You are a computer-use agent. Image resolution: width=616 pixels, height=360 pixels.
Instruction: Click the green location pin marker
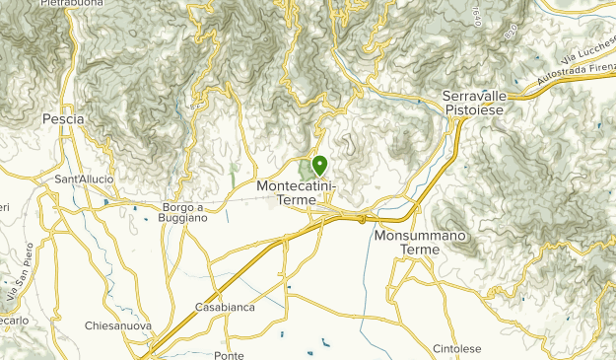[x=319, y=166]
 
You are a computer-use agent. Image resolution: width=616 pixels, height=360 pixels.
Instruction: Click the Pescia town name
[x=63, y=118]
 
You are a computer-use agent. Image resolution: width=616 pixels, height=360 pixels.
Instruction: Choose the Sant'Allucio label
[x=84, y=179]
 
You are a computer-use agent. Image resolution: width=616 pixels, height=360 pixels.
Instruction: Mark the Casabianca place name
[x=225, y=307]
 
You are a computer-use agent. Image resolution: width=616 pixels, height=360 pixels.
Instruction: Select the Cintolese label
[x=458, y=349]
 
